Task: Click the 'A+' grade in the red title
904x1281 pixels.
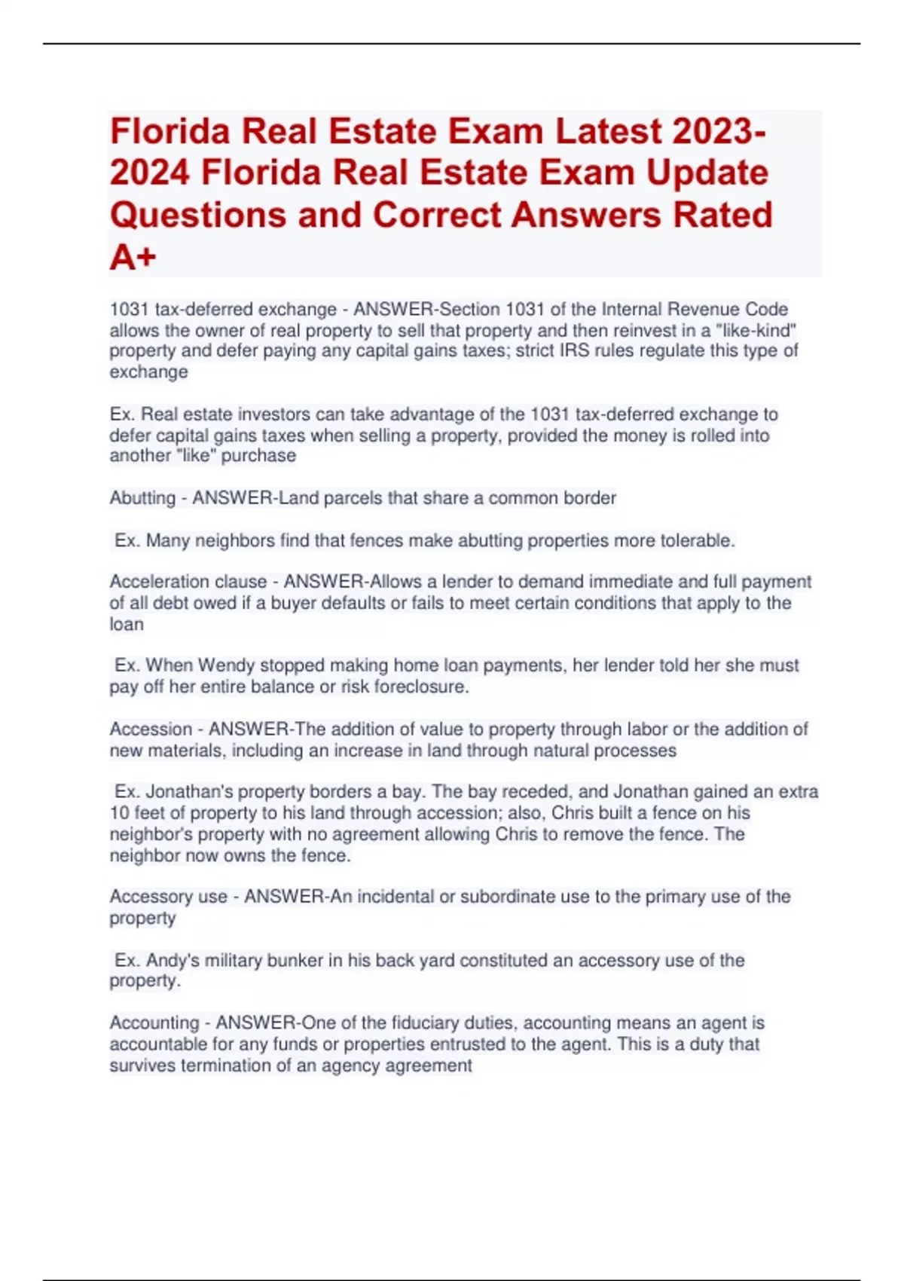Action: [133, 258]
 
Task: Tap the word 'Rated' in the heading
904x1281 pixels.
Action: [722, 215]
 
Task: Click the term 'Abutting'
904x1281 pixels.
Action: [142, 498]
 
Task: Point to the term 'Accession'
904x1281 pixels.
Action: [151, 729]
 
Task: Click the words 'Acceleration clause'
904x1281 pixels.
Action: [188, 582]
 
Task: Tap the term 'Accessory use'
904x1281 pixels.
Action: [169, 897]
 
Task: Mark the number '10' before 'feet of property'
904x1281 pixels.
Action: [119, 813]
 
